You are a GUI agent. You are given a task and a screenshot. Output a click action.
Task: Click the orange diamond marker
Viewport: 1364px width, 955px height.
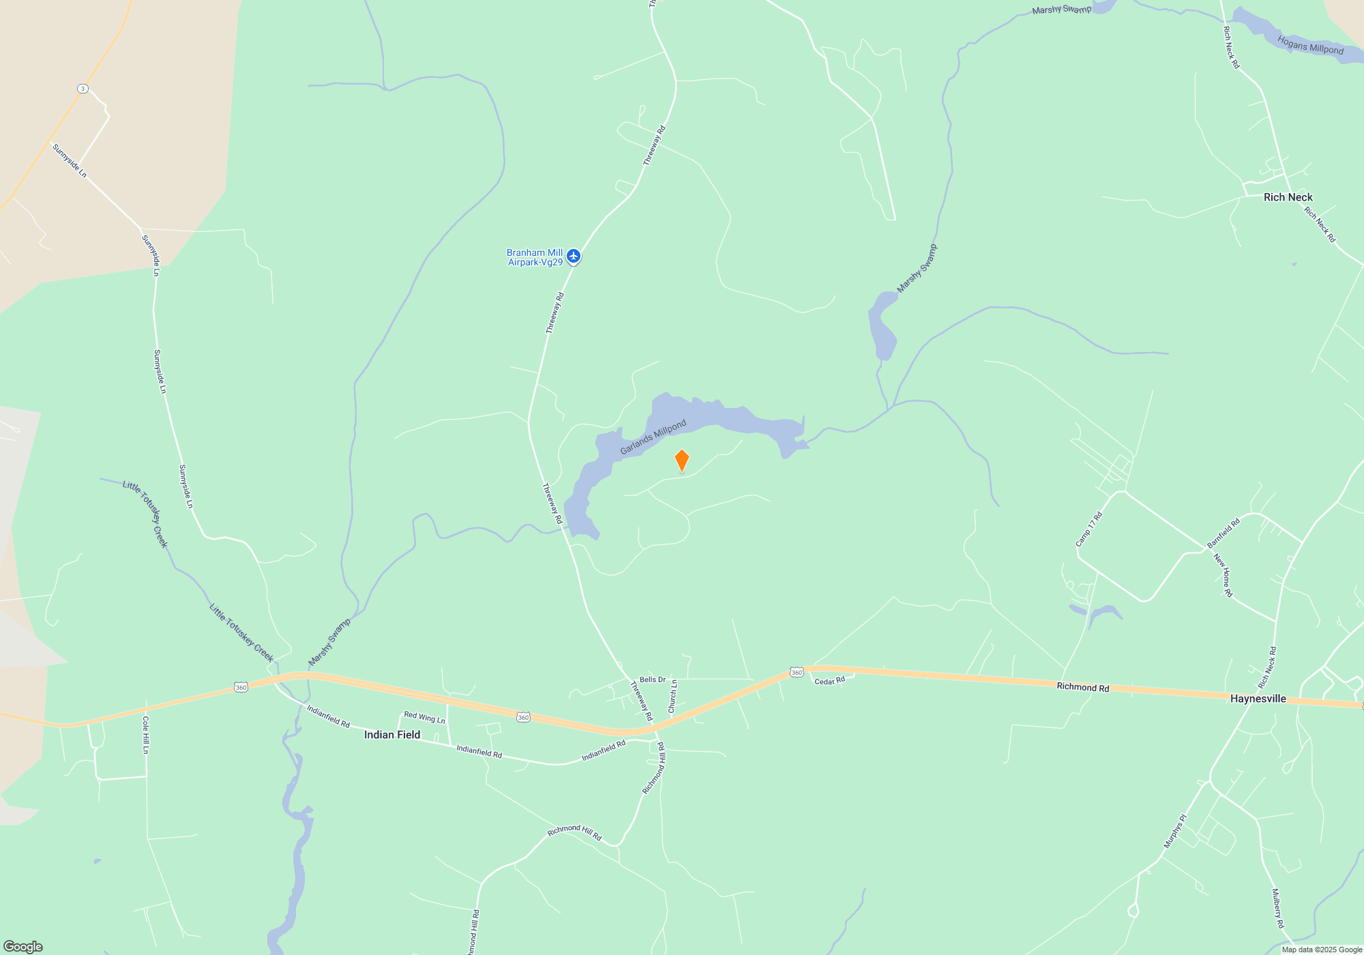(x=682, y=460)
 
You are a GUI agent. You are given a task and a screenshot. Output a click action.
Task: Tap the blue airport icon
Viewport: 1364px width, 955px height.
(x=574, y=256)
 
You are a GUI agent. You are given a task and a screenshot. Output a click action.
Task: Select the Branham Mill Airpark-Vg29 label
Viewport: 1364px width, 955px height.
(x=535, y=257)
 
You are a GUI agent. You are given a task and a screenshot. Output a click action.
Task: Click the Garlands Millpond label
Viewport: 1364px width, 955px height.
(x=653, y=437)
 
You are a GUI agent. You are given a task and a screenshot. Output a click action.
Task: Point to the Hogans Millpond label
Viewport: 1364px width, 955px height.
(x=1310, y=46)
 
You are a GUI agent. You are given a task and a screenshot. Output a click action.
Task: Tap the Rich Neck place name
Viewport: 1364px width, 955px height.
(x=1288, y=197)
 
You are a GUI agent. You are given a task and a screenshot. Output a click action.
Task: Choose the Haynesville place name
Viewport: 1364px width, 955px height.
(x=1258, y=699)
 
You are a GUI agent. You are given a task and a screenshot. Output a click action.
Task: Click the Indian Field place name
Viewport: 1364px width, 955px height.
(x=392, y=735)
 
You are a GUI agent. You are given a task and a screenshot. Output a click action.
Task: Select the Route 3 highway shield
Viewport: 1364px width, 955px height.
(x=83, y=89)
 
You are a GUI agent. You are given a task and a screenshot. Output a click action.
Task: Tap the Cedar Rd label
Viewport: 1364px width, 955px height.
(x=829, y=681)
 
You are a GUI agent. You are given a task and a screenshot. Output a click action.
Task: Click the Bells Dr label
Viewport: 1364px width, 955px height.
(x=653, y=679)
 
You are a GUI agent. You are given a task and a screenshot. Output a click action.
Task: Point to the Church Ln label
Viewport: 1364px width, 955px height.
(x=672, y=696)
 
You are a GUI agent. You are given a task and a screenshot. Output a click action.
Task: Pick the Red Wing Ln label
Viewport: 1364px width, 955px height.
(x=424, y=718)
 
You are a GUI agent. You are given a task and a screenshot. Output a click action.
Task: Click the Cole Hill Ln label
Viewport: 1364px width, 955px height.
(x=145, y=735)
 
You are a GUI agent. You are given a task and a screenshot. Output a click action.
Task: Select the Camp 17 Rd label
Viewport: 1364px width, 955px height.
(x=1088, y=529)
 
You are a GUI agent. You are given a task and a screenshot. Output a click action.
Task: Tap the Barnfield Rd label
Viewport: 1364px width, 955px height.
(x=1223, y=533)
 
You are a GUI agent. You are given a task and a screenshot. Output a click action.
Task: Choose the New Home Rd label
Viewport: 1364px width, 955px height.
(x=1224, y=575)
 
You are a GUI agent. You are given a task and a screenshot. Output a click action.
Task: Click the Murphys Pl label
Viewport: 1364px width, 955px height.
(x=1174, y=831)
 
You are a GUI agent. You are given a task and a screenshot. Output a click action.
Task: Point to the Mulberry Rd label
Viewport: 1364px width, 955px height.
(x=1277, y=908)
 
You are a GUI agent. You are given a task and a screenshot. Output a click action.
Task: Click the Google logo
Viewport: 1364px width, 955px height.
(x=23, y=946)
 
